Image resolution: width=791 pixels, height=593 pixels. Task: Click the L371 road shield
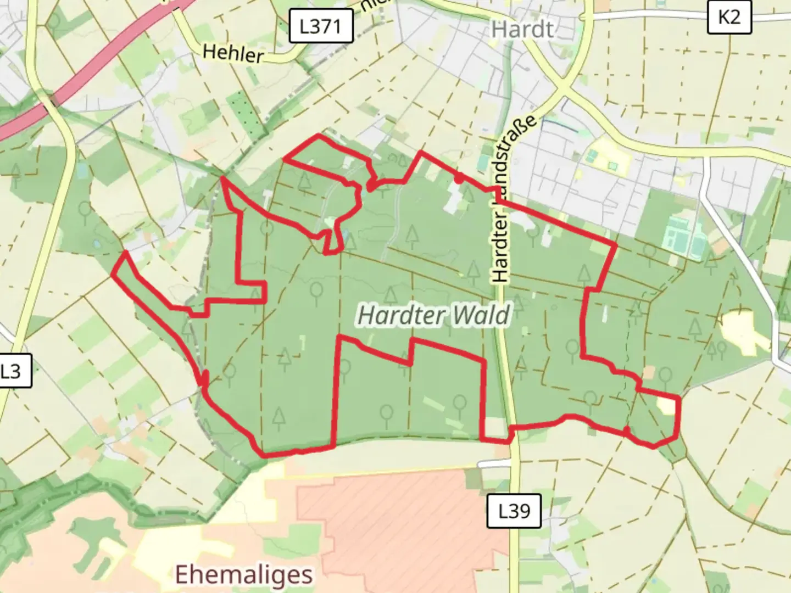tap(320, 26)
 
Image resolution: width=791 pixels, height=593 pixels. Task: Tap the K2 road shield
tap(728, 17)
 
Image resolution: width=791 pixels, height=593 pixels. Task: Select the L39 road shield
tap(514, 511)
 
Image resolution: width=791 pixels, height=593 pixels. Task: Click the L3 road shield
tap(11, 371)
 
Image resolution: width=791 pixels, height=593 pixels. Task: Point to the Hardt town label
tap(522, 29)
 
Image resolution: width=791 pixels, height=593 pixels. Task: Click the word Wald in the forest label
tap(482, 316)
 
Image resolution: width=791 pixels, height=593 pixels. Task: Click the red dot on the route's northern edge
tap(458, 177)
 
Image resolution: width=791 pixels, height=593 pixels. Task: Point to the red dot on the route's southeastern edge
tap(626, 430)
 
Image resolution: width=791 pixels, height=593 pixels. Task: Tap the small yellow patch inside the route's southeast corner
tap(665, 405)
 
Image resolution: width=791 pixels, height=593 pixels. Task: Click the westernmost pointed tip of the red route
tap(113, 273)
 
